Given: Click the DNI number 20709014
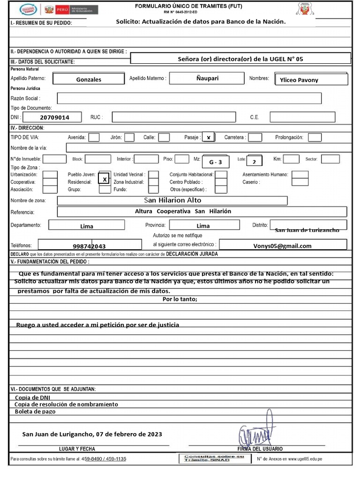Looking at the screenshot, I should [x=54, y=118].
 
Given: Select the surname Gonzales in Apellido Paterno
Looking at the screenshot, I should [x=89, y=80].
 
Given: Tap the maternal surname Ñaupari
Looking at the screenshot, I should [x=207, y=78].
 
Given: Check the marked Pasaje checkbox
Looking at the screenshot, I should [x=208, y=137].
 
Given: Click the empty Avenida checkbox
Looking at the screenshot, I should [x=94, y=137].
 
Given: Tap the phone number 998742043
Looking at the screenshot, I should [x=89, y=246].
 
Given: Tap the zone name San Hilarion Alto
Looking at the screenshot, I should [x=172, y=200].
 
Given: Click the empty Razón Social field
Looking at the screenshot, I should [x=189, y=98].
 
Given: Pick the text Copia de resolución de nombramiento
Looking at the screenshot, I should [x=66, y=404].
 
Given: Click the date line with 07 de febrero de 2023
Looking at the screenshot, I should [x=92, y=434].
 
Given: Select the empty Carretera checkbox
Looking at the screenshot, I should [x=255, y=137].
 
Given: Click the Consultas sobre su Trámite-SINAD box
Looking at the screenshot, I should [x=214, y=458].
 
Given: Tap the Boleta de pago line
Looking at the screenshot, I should [x=35, y=412].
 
